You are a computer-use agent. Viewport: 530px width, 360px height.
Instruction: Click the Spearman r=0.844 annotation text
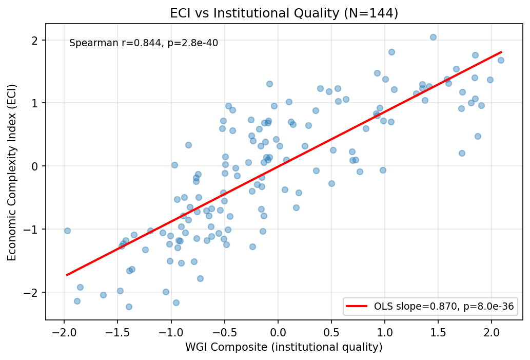(144, 43)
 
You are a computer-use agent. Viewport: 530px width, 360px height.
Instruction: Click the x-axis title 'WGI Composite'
(284, 348)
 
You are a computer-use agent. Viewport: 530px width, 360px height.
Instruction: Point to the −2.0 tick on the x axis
(64, 331)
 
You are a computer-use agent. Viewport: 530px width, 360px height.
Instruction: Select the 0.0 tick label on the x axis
(278, 331)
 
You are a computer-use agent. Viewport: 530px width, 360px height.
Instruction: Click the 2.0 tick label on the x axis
(492, 331)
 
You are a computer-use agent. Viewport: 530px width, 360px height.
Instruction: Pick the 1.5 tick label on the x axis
(438, 331)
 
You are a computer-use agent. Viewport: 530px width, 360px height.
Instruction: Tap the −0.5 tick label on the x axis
(224, 331)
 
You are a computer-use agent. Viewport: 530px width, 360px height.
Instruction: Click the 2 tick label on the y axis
(35, 40)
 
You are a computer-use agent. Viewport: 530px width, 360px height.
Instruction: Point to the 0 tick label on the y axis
(35, 166)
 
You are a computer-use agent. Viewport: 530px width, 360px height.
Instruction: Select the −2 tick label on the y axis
(33, 292)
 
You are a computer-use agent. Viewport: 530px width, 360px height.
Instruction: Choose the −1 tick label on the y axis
(33, 229)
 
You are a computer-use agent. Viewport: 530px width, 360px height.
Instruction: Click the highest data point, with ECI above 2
(433, 37)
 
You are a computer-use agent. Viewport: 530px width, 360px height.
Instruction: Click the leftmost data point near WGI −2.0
(67, 231)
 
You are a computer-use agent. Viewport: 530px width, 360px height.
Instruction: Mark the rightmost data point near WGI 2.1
(501, 60)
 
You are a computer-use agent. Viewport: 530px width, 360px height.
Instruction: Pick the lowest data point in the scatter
(129, 307)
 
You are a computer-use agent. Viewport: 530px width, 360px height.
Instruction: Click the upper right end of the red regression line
(501, 52)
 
